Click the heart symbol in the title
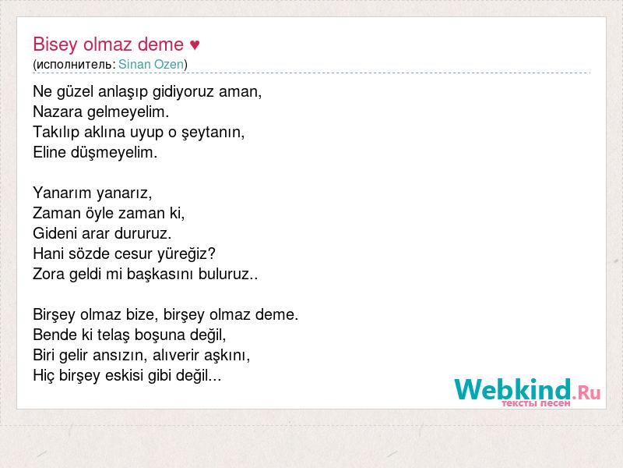tap(195, 44)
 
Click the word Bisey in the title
tap(55, 44)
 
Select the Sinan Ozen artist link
tap(151, 64)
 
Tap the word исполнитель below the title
tap(74, 65)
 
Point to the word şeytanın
tap(213, 133)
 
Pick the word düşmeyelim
tap(114, 152)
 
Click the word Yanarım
tap(62, 193)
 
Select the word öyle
tap(100, 213)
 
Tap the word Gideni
tap(55, 233)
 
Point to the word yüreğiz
tap(186, 254)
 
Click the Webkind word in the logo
tap(512, 389)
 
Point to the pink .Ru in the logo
tap(586, 393)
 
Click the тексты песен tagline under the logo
tap(536, 403)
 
